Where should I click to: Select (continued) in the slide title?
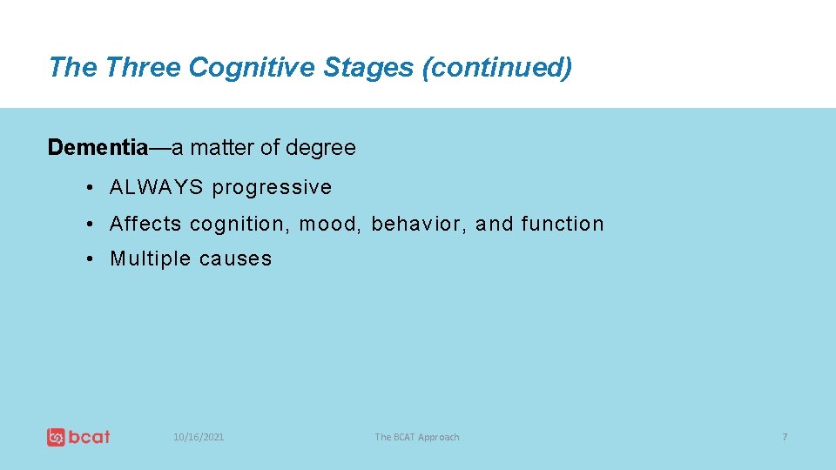[496, 67]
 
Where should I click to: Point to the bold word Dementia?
[98, 148]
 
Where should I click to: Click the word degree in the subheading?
[320, 149]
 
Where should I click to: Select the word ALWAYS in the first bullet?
[157, 187]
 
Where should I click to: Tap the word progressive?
[273, 188]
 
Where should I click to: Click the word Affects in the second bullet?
[145, 224]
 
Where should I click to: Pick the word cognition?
[237, 225]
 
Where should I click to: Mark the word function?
[563, 224]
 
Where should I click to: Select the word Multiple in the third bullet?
[150, 258]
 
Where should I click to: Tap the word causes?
[235, 259]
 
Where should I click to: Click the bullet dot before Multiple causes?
[91, 258]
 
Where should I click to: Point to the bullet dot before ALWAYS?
[91, 187]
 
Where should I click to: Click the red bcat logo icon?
[57, 437]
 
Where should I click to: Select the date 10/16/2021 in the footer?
[199, 437]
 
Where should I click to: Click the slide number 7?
[785, 437]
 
